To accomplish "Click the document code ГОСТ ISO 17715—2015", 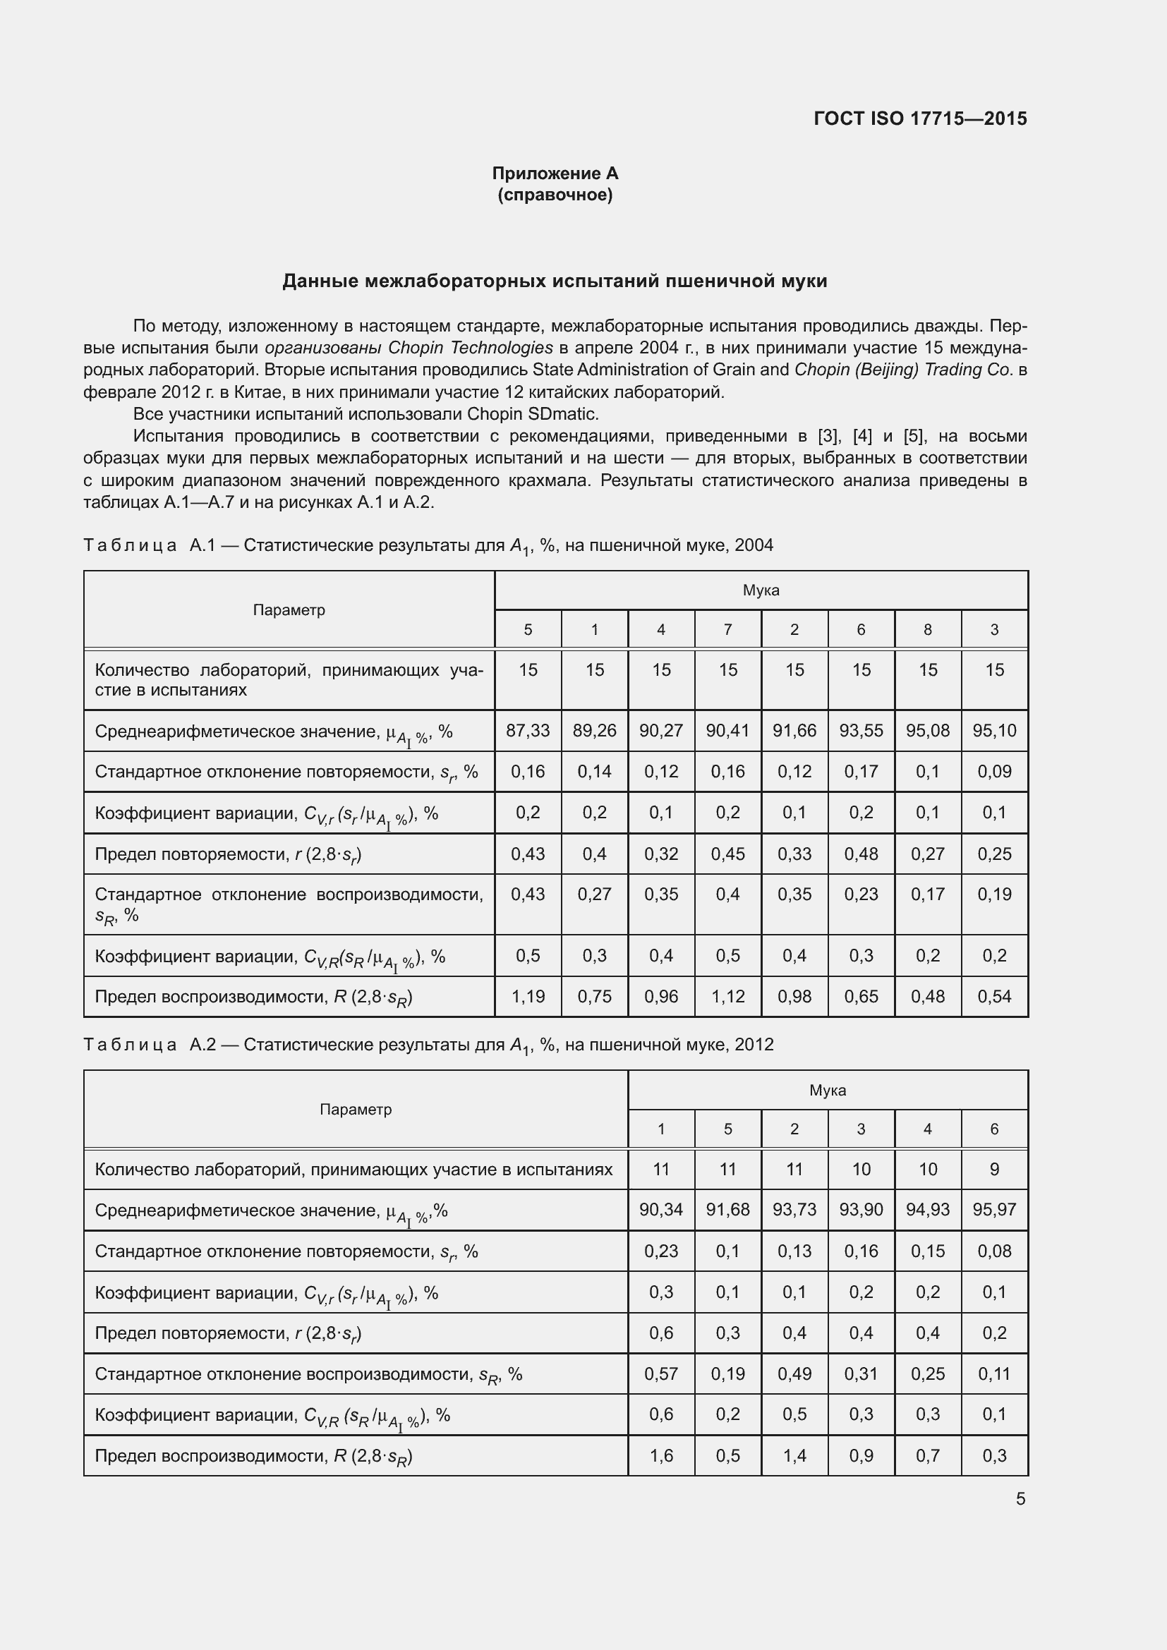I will (x=920, y=119).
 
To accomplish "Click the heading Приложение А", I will (x=555, y=174).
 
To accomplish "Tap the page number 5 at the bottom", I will (x=1020, y=1499).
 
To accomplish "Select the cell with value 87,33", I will (x=528, y=731).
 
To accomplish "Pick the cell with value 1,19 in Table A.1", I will (x=528, y=997).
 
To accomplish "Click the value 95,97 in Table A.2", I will (x=994, y=1210).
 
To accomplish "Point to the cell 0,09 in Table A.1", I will (x=994, y=772).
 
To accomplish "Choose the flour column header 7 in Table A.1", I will (x=727, y=629).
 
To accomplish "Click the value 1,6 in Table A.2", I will (x=660, y=1455).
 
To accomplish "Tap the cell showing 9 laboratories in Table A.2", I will (x=994, y=1169).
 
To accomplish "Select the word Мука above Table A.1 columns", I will (x=761, y=590).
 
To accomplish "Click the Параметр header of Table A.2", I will (x=355, y=1110).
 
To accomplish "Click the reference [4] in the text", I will (x=861, y=436).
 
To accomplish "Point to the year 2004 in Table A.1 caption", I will (x=754, y=545).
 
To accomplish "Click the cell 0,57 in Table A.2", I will (x=660, y=1374).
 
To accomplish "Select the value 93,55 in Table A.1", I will (x=861, y=731).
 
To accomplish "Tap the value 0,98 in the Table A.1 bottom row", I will (x=794, y=997).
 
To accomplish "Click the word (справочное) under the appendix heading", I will (x=555, y=195).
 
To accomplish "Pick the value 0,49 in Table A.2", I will (x=794, y=1374).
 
